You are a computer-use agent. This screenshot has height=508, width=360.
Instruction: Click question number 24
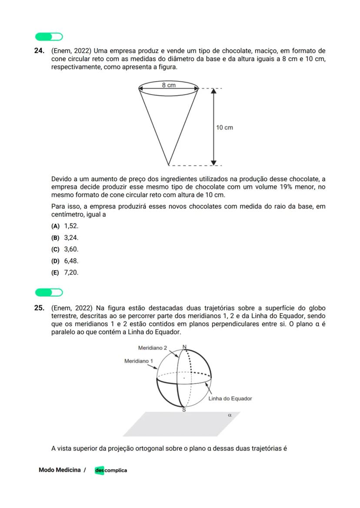point(39,51)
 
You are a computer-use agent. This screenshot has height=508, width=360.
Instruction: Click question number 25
point(39,308)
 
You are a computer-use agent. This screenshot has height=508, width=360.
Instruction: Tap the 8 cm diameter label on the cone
point(169,85)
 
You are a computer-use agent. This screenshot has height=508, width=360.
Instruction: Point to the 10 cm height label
point(224,127)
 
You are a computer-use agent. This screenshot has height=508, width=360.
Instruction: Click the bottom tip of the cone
point(169,165)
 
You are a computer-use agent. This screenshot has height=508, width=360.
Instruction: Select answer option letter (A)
point(55,226)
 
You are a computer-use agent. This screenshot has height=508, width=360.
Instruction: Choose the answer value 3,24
point(71,238)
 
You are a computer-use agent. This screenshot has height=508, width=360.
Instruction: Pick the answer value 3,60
point(71,249)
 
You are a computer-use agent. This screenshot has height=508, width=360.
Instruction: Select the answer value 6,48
point(71,261)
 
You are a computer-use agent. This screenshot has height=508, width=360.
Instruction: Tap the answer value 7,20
point(71,273)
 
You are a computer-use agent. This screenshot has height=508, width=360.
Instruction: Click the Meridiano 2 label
point(152,348)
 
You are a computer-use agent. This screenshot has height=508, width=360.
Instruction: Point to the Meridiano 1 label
point(139,361)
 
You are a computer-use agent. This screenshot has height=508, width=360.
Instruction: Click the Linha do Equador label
point(230,398)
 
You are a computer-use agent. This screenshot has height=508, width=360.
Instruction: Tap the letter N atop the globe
point(184,347)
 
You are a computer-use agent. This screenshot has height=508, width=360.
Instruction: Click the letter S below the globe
point(184,410)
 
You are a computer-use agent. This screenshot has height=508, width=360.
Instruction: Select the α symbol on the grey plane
point(230,415)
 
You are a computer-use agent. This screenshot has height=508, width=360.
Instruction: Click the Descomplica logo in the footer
point(111,470)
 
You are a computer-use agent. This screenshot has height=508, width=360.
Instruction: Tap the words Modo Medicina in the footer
point(60,470)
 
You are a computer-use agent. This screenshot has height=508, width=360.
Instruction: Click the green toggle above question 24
point(49,37)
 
